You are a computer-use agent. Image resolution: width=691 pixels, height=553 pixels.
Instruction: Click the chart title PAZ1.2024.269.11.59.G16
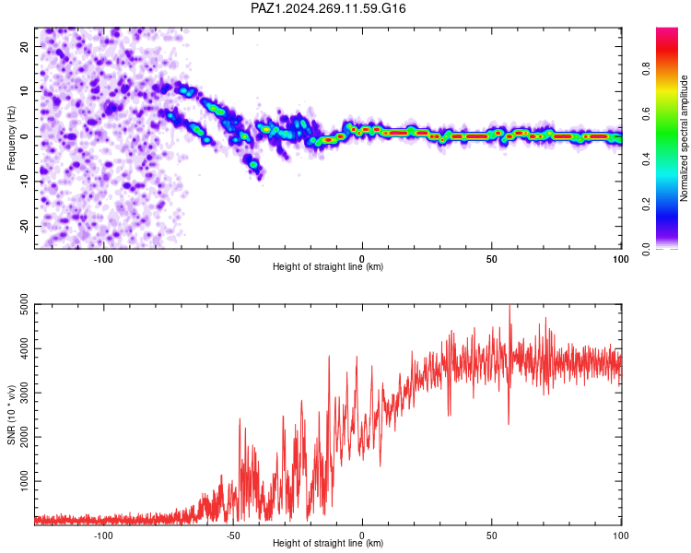click(x=328, y=8)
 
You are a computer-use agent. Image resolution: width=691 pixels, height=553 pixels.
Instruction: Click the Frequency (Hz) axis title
click(x=11, y=138)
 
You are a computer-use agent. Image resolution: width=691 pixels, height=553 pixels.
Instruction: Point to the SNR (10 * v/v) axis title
click(x=11, y=415)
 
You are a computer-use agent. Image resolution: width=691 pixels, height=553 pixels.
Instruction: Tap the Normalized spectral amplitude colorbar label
click(x=684, y=138)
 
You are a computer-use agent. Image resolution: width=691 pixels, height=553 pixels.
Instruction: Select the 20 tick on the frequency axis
click(x=24, y=46)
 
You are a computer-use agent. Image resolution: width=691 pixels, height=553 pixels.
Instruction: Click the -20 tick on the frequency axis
click(x=24, y=226)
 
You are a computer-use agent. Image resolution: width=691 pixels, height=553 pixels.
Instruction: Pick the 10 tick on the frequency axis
click(x=24, y=91)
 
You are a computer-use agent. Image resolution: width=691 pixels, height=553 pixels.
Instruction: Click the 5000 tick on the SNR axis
click(x=24, y=304)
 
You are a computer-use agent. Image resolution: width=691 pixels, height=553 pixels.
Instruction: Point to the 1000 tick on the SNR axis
click(x=24, y=481)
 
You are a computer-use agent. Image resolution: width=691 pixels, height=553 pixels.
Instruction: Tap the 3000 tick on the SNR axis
click(x=24, y=393)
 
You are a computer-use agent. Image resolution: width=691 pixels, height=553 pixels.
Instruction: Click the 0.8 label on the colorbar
click(x=646, y=69)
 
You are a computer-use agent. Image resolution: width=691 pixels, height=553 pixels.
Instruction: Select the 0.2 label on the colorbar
click(x=646, y=205)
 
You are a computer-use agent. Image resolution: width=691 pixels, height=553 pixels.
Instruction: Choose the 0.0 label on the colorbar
click(x=646, y=249)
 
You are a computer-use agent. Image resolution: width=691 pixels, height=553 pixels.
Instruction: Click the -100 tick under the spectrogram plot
click(x=103, y=259)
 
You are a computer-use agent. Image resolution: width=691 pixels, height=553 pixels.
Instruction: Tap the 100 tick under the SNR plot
click(x=621, y=535)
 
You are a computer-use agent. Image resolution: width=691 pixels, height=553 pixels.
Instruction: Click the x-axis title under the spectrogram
click(x=328, y=266)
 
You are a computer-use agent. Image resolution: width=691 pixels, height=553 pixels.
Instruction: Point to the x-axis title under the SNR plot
click(x=328, y=543)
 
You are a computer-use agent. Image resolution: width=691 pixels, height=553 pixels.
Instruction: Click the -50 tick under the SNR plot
click(x=233, y=535)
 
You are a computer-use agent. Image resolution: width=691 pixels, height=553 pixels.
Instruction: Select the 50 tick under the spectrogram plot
click(x=492, y=259)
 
